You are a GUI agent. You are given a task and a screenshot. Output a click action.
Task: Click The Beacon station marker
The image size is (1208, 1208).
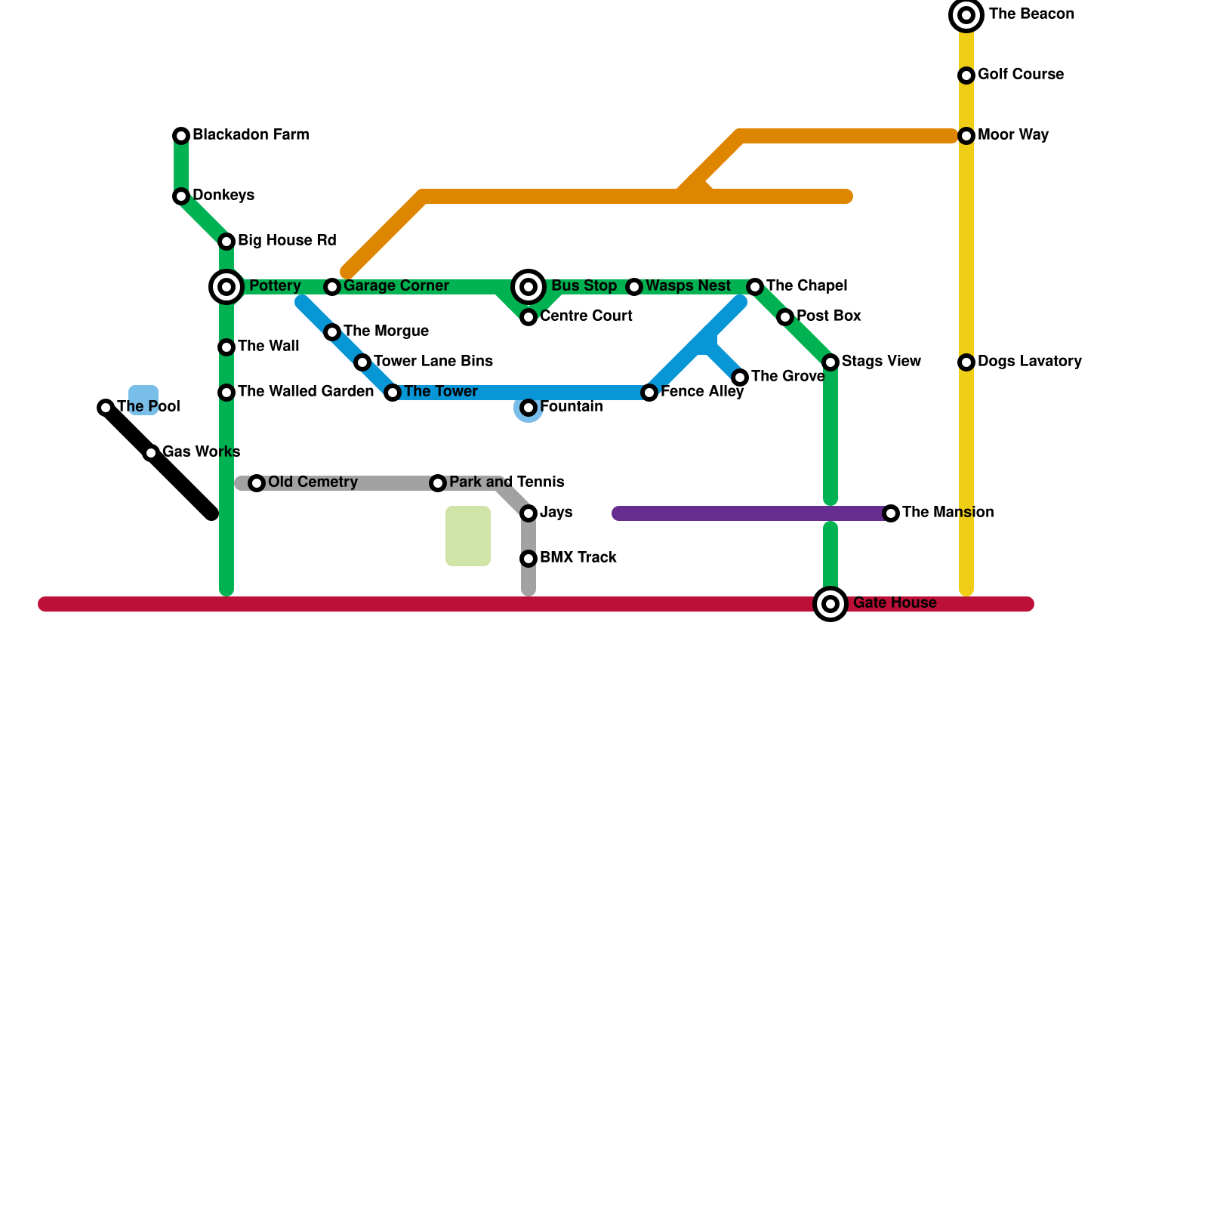coord(966,15)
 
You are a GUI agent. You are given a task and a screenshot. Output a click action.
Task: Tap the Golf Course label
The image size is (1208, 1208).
coord(1020,75)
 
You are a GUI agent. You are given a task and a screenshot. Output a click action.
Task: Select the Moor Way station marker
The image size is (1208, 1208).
coord(966,136)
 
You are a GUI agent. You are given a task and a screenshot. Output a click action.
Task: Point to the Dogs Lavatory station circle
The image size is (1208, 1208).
coord(966,362)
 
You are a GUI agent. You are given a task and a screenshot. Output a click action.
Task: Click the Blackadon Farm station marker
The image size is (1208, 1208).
coord(181,136)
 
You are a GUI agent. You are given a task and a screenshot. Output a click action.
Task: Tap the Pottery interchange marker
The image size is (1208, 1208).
coord(226,287)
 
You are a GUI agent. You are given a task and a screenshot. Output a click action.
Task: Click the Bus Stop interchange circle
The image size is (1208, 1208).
coord(528,287)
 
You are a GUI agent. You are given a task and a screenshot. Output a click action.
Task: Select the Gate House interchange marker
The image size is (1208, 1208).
coord(830,604)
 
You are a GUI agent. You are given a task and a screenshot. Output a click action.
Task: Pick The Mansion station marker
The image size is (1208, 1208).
coord(891,513)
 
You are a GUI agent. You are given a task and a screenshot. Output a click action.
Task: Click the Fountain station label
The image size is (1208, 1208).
coord(571,407)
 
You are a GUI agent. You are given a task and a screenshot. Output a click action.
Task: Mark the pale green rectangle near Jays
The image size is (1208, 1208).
coord(468,536)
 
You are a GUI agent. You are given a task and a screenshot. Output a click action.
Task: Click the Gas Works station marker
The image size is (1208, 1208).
coord(151,453)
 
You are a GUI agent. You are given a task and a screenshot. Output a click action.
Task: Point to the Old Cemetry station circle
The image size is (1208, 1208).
coord(257,483)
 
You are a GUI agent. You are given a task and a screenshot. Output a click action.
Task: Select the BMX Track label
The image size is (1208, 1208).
coord(578,558)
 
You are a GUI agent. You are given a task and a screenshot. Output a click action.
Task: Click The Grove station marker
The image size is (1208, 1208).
coord(740,377)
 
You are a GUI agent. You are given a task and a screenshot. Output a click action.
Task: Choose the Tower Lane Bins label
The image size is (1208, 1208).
coord(433,362)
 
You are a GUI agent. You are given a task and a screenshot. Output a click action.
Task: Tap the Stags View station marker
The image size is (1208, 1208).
coord(830,362)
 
